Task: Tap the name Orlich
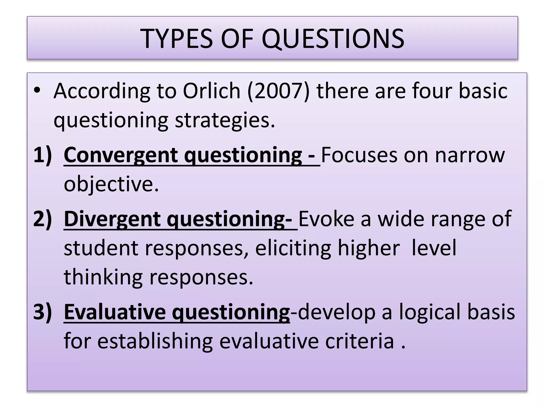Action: (212, 91)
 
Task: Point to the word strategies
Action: (225, 120)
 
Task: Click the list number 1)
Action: (43, 155)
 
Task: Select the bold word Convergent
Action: (120, 155)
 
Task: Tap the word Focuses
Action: (359, 155)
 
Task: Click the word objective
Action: (111, 184)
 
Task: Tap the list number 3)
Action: (43, 312)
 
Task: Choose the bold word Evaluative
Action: (115, 312)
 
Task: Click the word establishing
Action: (155, 341)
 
